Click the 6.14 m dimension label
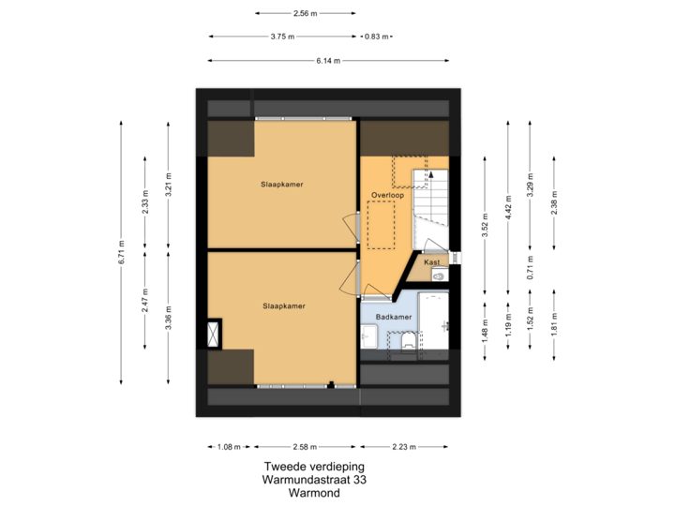[x=327, y=60]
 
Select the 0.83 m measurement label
[x=378, y=37]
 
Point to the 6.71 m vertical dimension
[x=122, y=251]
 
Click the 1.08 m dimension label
[x=230, y=446]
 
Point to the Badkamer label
[x=394, y=318]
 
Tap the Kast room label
[x=432, y=262]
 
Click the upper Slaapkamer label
[x=281, y=185]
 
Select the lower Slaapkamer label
[x=283, y=305]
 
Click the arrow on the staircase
[x=432, y=174]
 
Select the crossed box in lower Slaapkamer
[x=216, y=332]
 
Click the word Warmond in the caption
[x=313, y=491]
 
